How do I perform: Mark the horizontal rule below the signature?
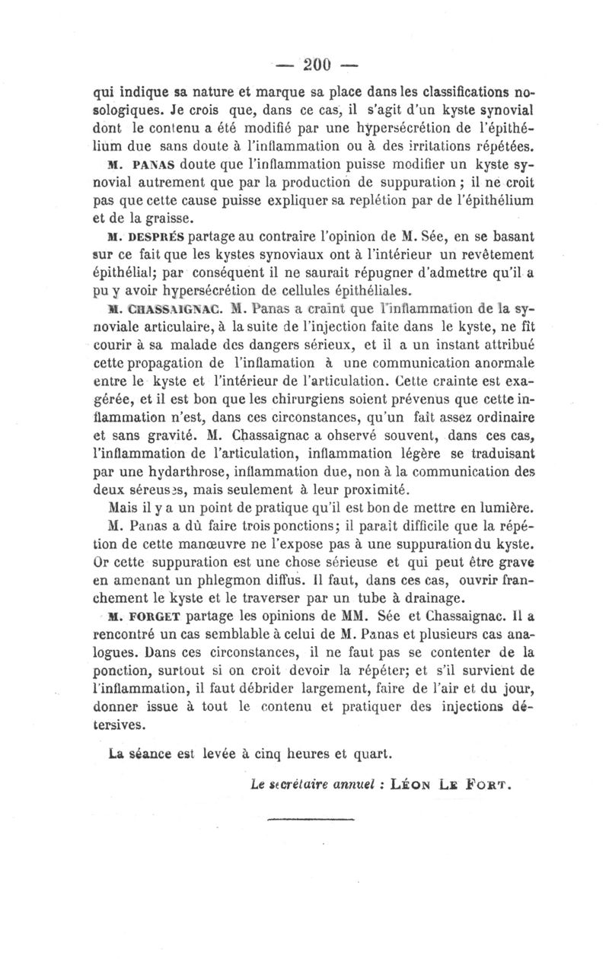[x=312, y=819]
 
